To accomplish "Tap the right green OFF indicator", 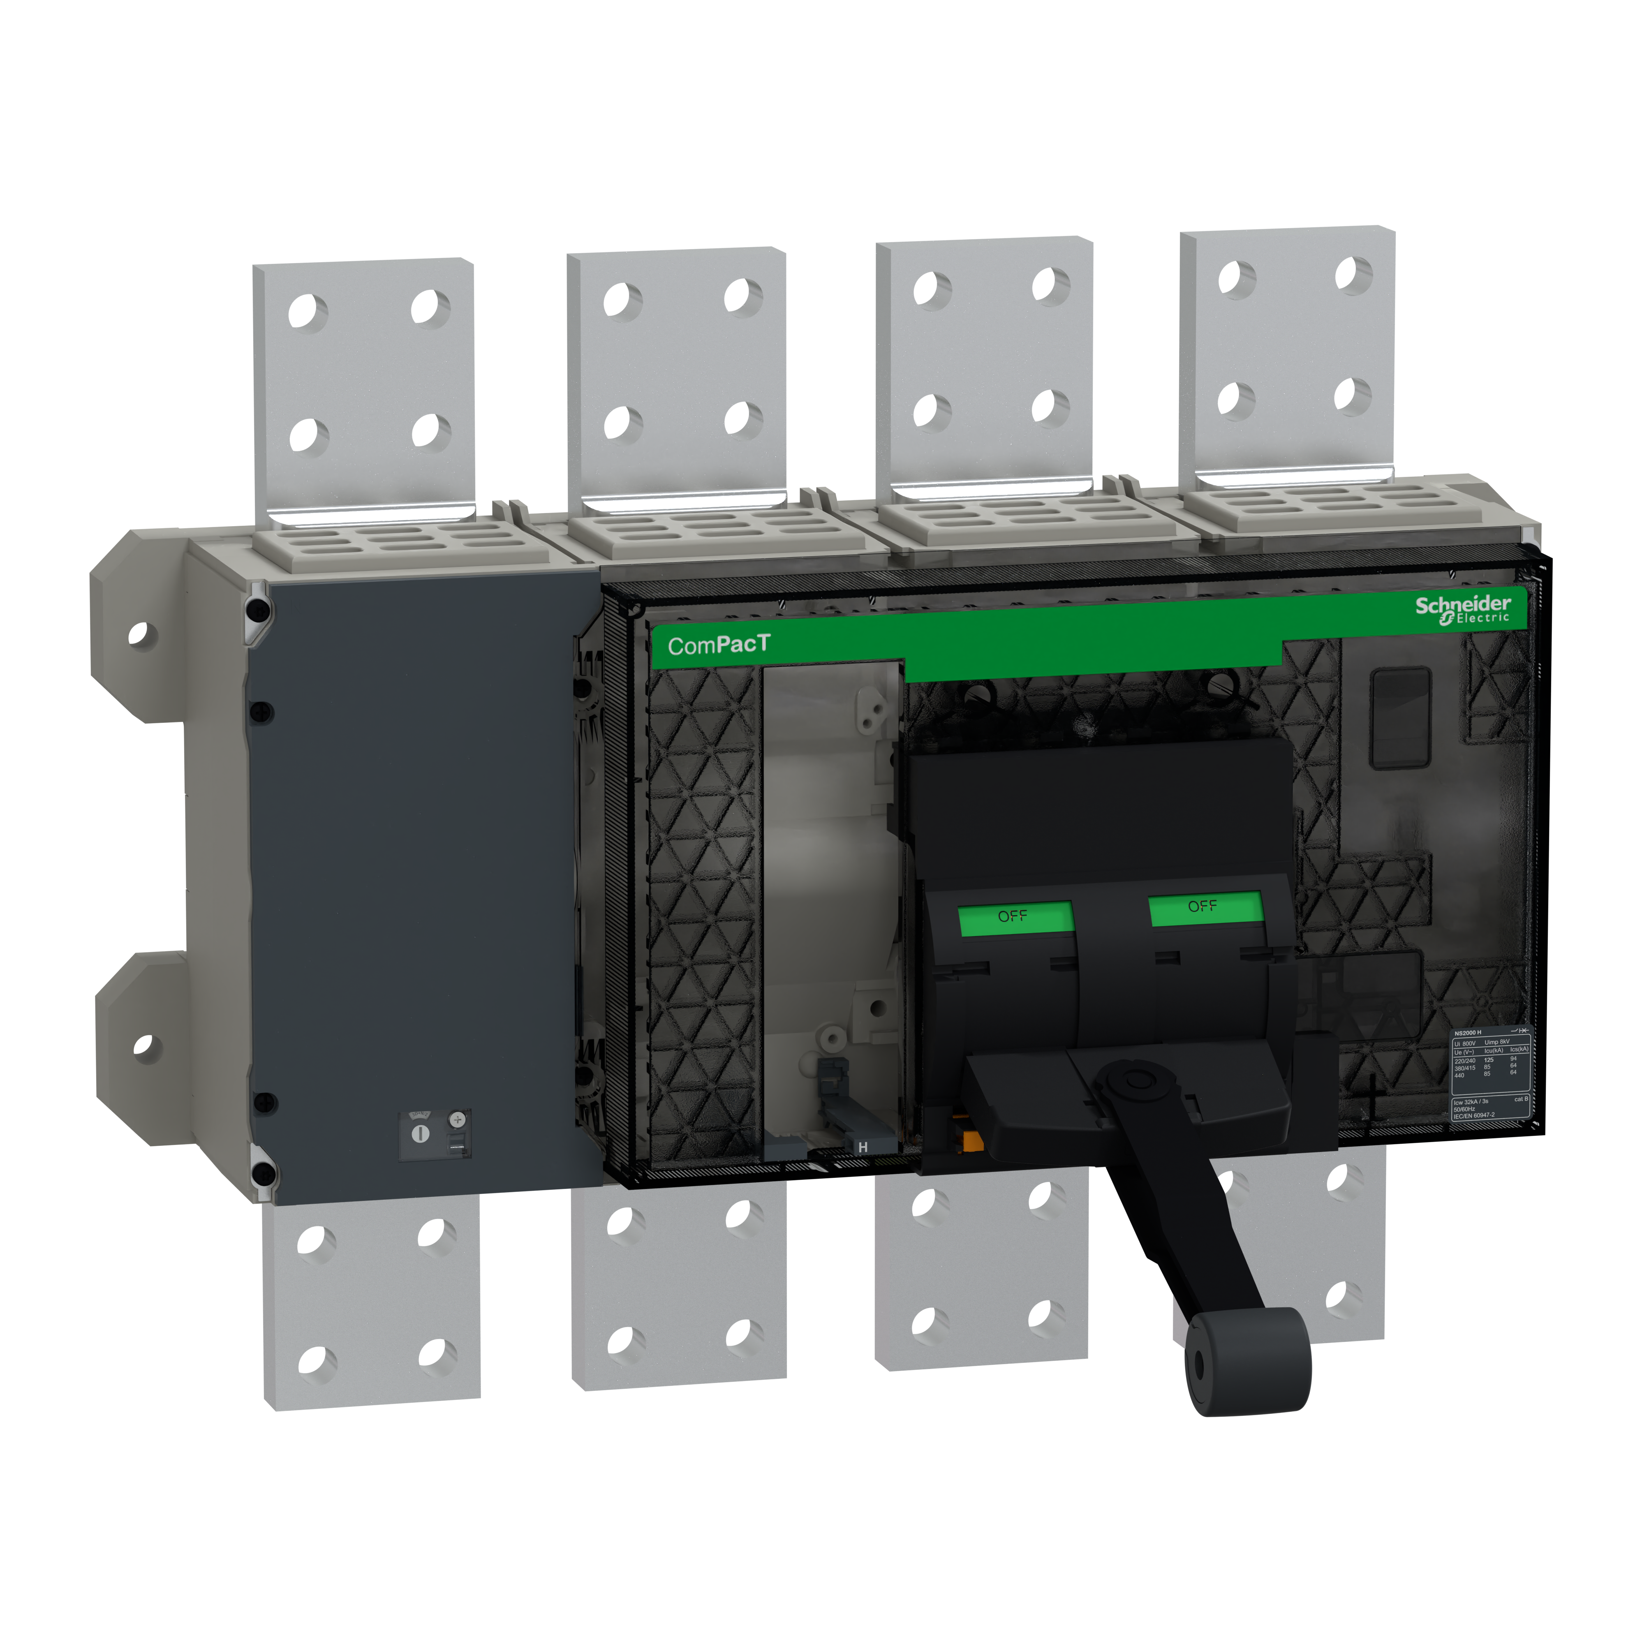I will pos(1204,907).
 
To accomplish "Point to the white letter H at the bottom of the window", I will pos(863,1147).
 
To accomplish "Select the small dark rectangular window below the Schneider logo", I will pos(1401,717).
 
